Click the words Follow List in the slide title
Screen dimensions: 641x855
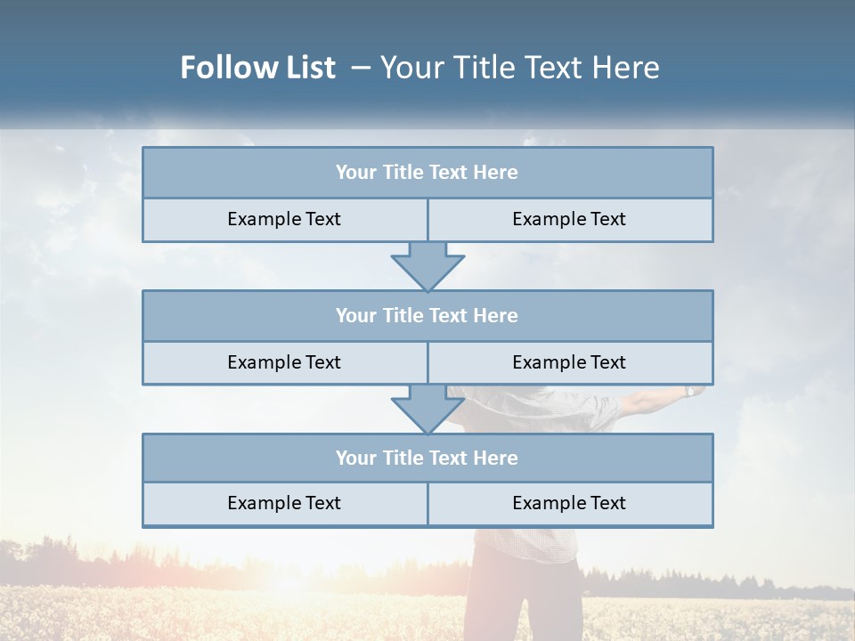coord(257,68)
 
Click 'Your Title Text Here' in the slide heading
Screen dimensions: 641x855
coord(520,68)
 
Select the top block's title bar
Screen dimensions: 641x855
coord(427,173)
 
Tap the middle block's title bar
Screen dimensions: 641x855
coord(427,315)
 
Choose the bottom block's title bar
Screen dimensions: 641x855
coord(427,458)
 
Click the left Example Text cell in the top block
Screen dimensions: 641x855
coord(284,219)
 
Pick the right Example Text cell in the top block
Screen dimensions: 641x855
coord(569,219)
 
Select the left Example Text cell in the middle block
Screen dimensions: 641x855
coord(284,362)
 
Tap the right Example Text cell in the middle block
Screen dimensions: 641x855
coord(569,362)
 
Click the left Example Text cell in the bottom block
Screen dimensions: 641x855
coord(284,503)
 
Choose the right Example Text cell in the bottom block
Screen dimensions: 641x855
coord(569,503)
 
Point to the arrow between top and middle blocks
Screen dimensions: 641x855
coord(427,266)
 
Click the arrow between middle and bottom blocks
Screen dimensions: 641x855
coord(427,410)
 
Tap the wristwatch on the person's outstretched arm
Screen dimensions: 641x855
coord(689,391)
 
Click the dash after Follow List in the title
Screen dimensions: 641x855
coord(362,68)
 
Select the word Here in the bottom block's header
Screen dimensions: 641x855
coord(496,458)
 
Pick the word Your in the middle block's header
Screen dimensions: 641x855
coord(356,315)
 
